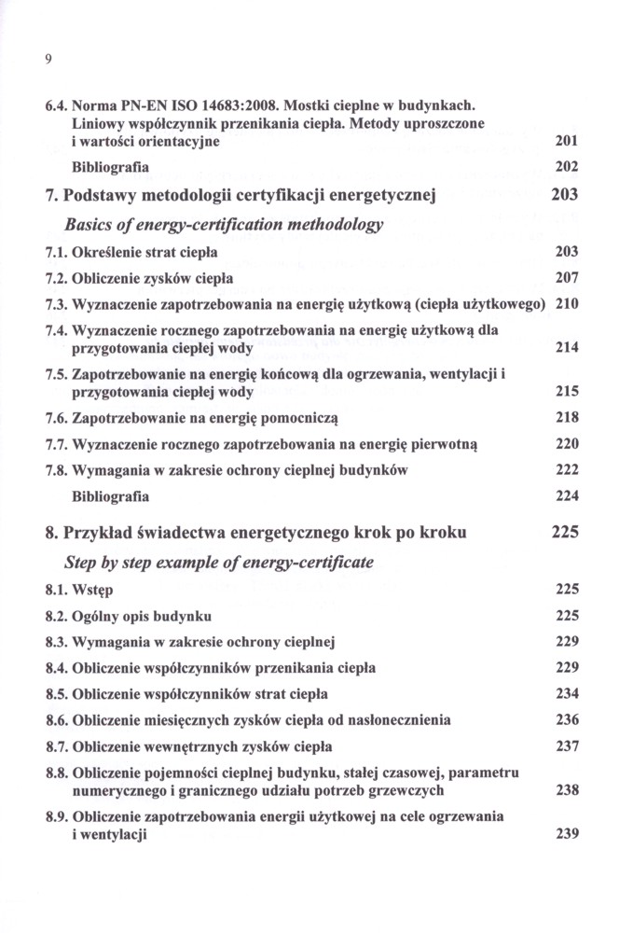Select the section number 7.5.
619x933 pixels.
click(55, 374)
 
